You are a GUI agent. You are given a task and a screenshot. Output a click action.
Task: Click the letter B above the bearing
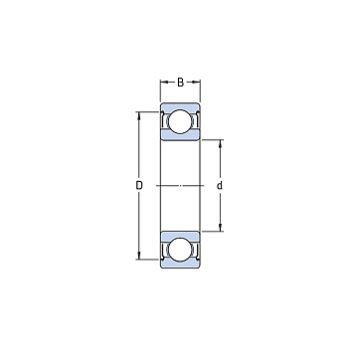(180, 83)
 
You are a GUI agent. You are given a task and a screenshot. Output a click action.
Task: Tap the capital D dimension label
(139, 186)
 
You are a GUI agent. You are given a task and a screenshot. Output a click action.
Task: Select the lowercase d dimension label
(219, 186)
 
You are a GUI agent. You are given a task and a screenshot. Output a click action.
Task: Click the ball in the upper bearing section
(180, 121)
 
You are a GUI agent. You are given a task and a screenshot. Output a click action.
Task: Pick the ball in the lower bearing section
(180, 250)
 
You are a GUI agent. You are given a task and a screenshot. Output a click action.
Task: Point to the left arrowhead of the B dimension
(163, 82)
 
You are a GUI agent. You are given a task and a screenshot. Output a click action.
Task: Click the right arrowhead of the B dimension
(198, 82)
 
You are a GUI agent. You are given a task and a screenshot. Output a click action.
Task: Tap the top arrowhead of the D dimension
(139, 114)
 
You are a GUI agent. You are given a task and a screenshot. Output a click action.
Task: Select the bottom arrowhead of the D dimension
(139, 257)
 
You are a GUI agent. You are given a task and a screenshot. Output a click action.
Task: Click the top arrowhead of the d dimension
(220, 143)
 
